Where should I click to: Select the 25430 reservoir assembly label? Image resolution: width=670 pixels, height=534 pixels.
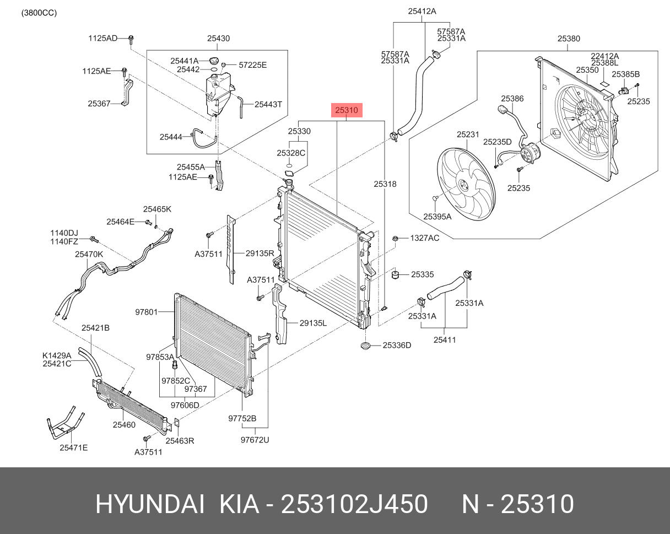tap(218, 39)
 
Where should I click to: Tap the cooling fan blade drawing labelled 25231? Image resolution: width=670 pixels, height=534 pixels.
tap(466, 182)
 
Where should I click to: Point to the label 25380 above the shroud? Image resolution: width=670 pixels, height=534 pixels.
tap(568, 39)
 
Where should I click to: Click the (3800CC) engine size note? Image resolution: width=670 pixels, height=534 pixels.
tap(39, 13)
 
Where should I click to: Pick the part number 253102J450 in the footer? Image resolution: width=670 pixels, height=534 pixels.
tap(354, 504)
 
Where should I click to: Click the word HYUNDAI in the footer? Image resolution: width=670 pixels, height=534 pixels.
tap(150, 504)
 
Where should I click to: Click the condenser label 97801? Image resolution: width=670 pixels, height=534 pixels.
tap(147, 312)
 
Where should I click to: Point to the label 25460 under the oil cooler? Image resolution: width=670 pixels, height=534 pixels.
tap(124, 425)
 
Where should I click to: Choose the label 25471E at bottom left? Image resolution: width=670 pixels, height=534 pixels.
tap(73, 447)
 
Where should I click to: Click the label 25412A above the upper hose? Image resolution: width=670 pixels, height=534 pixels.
tap(422, 10)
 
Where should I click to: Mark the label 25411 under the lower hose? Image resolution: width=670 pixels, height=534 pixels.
tap(444, 340)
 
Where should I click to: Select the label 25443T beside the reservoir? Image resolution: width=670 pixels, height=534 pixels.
tap(268, 104)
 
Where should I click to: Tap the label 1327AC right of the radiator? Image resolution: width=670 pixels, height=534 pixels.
tap(424, 238)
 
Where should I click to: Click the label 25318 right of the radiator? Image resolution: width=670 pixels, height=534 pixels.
tap(385, 184)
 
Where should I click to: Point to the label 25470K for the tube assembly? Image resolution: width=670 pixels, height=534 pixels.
tap(89, 255)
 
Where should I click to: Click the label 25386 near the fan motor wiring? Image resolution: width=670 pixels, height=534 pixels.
tap(512, 99)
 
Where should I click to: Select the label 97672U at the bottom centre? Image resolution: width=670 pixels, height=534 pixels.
tap(255, 439)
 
